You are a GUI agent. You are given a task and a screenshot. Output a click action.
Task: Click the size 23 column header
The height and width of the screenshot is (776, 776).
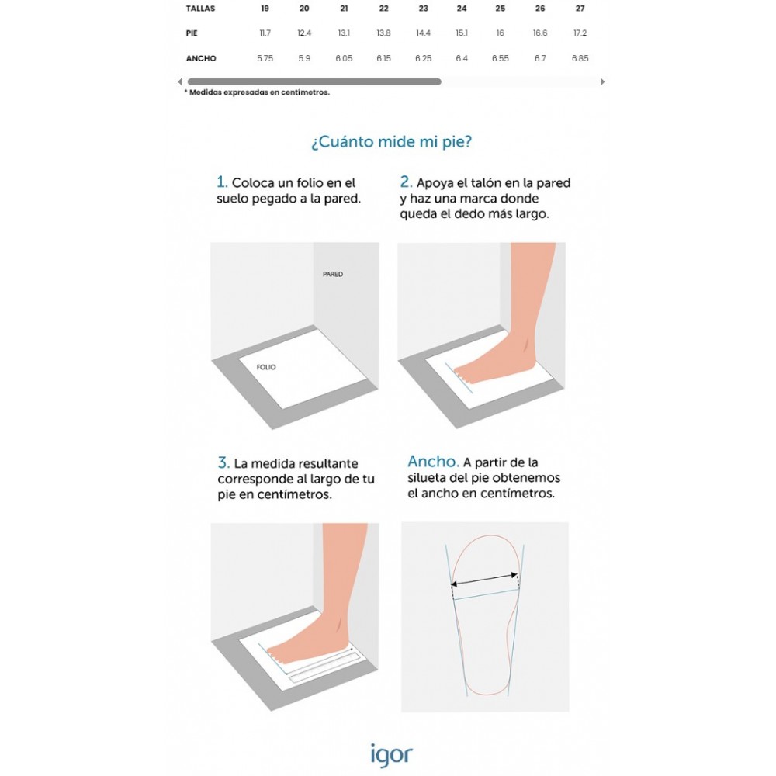(423, 9)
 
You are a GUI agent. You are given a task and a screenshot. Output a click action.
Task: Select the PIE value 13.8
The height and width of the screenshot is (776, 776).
(383, 33)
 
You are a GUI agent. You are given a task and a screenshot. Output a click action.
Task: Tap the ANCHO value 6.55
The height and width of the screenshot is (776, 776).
(501, 58)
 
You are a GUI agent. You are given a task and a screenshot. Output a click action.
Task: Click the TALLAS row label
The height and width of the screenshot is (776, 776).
(200, 9)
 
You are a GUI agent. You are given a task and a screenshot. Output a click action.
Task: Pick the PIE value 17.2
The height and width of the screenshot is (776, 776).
(580, 33)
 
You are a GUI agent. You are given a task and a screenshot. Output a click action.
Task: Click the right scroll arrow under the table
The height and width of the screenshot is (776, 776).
(602, 81)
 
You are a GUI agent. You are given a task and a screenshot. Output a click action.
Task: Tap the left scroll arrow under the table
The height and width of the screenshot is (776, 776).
(180, 81)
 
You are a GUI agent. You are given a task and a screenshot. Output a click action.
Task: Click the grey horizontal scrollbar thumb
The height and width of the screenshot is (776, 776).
(314, 81)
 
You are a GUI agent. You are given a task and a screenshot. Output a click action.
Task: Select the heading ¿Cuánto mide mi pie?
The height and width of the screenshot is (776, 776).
(391, 142)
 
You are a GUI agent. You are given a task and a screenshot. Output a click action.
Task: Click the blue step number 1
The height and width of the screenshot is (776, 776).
(222, 182)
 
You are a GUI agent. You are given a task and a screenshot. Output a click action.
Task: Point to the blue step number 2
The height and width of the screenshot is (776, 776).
(406, 182)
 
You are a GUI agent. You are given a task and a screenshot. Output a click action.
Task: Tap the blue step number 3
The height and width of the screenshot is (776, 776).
(223, 462)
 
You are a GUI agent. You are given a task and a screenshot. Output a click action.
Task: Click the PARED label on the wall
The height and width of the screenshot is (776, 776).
(333, 274)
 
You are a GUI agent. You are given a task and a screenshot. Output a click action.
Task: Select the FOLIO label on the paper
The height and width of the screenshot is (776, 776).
(266, 367)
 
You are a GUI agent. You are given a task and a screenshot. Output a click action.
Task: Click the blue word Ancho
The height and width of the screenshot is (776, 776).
(433, 462)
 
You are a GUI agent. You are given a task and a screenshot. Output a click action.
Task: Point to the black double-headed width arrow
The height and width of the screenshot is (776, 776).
(484, 580)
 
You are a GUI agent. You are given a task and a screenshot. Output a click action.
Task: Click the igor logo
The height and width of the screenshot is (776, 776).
(391, 755)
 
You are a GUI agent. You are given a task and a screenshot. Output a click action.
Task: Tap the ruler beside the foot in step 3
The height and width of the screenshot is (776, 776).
(326, 668)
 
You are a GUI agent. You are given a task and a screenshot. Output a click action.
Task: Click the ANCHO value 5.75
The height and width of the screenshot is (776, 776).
(265, 58)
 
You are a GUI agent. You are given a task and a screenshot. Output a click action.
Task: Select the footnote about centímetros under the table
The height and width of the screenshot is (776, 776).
(257, 92)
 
